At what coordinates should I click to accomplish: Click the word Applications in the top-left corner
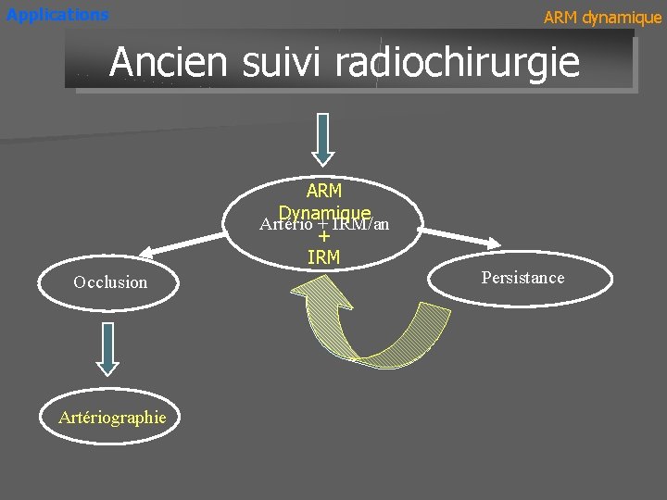[x=57, y=15]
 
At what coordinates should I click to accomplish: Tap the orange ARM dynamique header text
[x=602, y=18]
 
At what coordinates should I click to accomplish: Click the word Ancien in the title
[x=168, y=62]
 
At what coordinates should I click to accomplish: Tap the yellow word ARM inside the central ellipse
[x=323, y=191]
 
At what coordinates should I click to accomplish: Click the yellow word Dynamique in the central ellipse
[x=325, y=212]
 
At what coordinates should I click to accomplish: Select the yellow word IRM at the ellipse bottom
[x=323, y=256]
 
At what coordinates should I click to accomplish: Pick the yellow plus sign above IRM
[x=323, y=237]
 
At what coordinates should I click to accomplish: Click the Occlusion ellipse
[x=110, y=282]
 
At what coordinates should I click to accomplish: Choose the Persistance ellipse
[x=522, y=278]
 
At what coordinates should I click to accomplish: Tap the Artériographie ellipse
[x=112, y=418]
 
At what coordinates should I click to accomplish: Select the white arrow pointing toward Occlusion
[x=186, y=243]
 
